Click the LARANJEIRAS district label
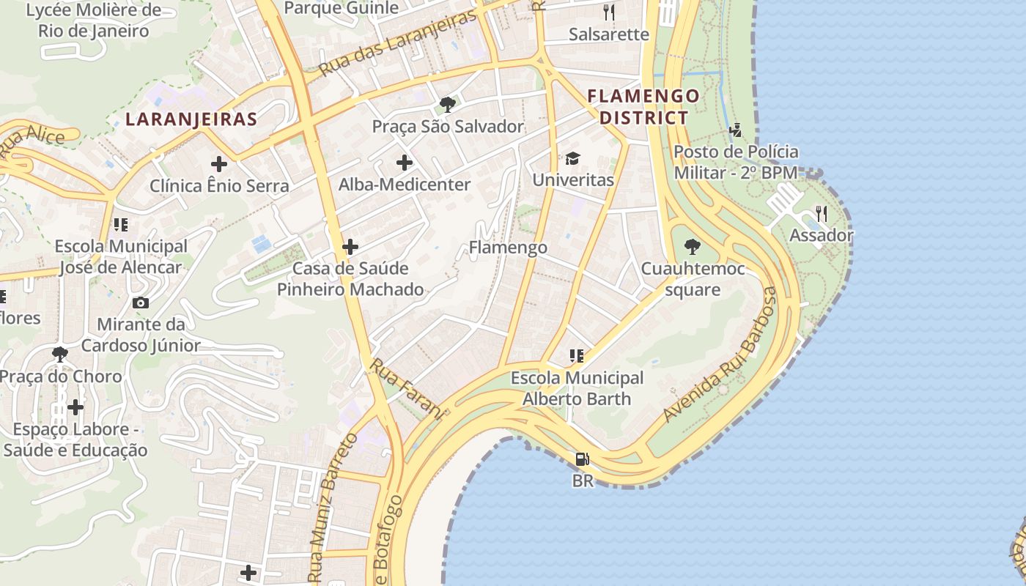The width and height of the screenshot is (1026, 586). click(191, 119)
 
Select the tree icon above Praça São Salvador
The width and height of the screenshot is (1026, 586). click(447, 105)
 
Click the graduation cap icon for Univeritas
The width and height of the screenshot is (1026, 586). click(572, 158)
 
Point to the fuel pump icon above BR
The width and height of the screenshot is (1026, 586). click(582, 459)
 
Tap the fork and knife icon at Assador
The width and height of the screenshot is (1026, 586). click(821, 214)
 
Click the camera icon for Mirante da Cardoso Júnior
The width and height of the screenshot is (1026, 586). click(140, 303)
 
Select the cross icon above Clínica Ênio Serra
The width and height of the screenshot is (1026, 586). click(218, 164)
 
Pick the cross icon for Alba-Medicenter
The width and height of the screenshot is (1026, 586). click(404, 163)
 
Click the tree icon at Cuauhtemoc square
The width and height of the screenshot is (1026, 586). click(691, 247)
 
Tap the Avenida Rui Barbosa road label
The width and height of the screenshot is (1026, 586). click(719, 355)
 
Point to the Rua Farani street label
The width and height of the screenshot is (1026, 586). click(407, 388)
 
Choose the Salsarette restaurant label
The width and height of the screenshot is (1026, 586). click(609, 34)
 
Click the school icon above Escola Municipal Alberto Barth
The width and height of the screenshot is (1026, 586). click(577, 356)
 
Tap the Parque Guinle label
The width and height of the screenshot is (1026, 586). click(341, 8)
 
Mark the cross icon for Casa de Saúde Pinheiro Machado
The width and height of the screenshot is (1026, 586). click(350, 247)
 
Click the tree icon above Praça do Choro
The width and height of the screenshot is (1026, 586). click(60, 355)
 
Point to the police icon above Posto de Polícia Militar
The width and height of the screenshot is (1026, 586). click(735, 130)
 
